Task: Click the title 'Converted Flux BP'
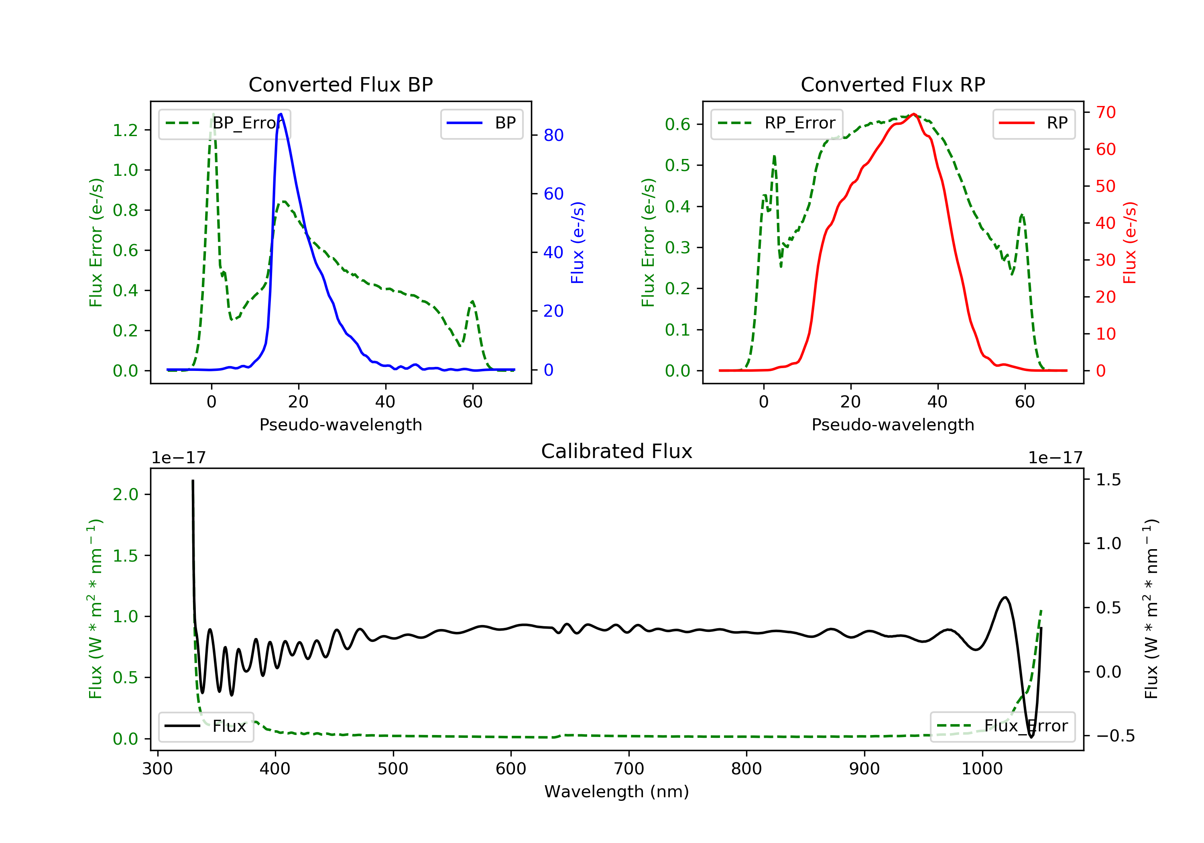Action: [340, 84]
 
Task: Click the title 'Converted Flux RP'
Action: [893, 84]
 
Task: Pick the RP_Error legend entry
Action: [777, 123]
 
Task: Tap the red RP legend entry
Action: [1033, 123]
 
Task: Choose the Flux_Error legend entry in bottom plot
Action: [1002, 726]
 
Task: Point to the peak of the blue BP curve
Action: [281, 114]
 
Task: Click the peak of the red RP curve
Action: [913, 114]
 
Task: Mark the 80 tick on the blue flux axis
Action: [553, 135]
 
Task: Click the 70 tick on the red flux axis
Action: [1105, 112]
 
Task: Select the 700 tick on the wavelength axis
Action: [629, 769]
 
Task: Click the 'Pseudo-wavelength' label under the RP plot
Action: [893, 424]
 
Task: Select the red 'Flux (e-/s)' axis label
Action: [1129, 242]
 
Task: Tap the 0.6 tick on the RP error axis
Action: [677, 124]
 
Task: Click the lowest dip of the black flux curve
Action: [1031, 737]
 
